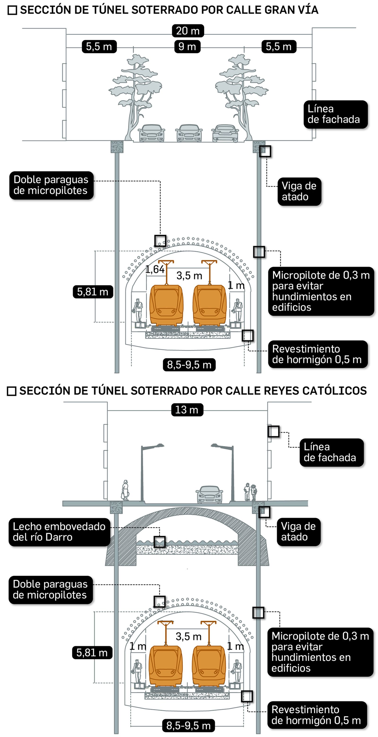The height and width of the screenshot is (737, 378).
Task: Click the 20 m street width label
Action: [x=188, y=31]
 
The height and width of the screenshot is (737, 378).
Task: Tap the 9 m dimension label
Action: [x=187, y=46]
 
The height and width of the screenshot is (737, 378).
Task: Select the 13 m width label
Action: [x=187, y=410]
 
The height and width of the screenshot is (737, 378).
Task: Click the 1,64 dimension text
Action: [x=155, y=269]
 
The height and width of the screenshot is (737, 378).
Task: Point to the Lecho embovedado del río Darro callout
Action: [x=59, y=532]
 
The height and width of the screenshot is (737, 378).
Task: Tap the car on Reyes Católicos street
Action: [x=210, y=494]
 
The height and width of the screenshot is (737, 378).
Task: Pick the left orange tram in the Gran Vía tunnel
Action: [x=166, y=304]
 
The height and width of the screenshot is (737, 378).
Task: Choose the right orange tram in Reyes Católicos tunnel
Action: [x=209, y=665]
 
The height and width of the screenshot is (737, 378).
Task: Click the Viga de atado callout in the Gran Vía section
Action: [x=299, y=191]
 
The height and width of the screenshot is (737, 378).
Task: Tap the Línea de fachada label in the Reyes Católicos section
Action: [x=331, y=452]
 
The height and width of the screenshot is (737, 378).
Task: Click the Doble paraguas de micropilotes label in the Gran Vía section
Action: [x=51, y=185]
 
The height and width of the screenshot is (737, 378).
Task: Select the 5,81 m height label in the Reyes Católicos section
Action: [x=92, y=653]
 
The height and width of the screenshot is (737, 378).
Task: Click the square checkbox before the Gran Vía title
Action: [x=12, y=10]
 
